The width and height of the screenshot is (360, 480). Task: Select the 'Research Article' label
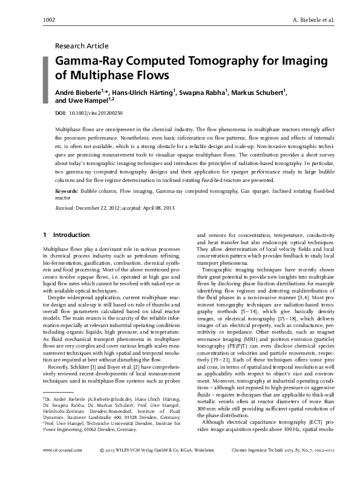(x=82, y=45)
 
